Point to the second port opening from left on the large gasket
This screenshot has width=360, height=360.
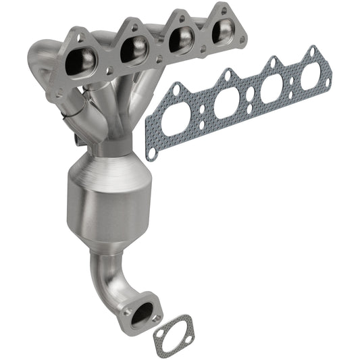pyautogui.click(x=228, y=103)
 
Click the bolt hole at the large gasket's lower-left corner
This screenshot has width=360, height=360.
pyautogui.click(x=152, y=153)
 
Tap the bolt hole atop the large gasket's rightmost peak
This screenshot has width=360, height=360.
pyautogui.click(x=311, y=51)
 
